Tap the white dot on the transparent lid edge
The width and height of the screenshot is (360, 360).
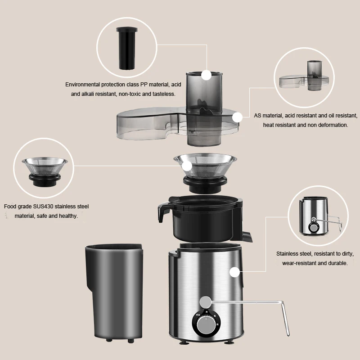click(x=238, y=117)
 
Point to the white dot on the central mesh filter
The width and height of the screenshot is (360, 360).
click(x=186, y=166)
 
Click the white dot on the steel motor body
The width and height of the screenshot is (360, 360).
click(x=234, y=272)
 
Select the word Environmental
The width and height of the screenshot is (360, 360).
click(x=85, y=85)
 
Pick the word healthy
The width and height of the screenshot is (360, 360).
click(x=68, y=216)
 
